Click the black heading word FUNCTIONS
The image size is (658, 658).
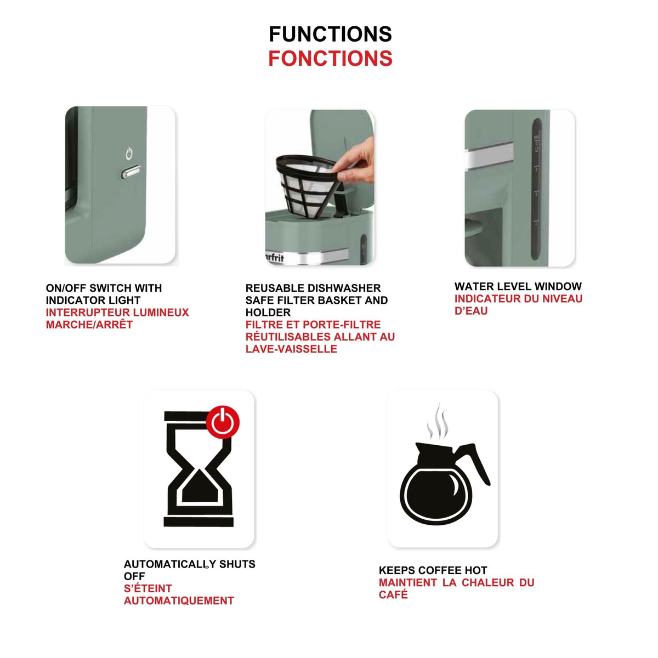pyautogui.click(x=330, y=34)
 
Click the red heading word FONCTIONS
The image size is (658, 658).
pyautogui.click(x=330, y=58)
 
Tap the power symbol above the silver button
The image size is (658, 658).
pyautogui.click(x=129, y=154)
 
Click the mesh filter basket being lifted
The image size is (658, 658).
pyautogui.click(x=305, y=185)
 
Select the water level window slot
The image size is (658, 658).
pyautogui.click(x=536, y=190)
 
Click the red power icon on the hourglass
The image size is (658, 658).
pyautogui.click(x=222, y=422)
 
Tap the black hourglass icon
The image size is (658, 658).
pyautogui.click(x=198, y=469)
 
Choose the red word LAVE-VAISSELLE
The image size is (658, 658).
pyautogui.click(x=291, y=349)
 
